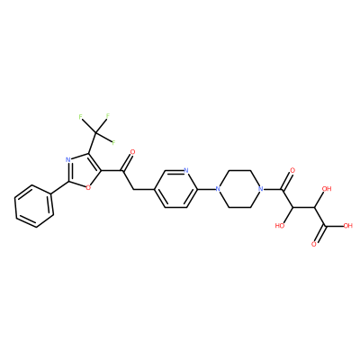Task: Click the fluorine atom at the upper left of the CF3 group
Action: pyautogui.click(x=81, y=117)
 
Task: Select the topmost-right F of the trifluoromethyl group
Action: pyautogui.click(x=108, y=115)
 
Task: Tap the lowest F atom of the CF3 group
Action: pyautogui.click(x=113, y=142)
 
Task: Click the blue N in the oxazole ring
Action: pyautogui.click(x=68, y=159)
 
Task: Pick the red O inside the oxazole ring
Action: pyautogui.click(x=88, y=188)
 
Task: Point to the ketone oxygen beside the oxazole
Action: pyautogui.click(x=131, y=151)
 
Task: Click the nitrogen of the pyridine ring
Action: pyautogui.click(x=186, y=171)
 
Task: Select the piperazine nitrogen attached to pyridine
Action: pyautogui.click(x=218, y=189)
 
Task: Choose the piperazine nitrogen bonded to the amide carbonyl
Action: pyautogui.click(x=261, y=189)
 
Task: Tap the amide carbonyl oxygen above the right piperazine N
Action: pyautogui.click(x=292, y=171)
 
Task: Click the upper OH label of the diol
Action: pyautogui.click(x=327, y=189)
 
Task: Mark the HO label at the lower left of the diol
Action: pyautogui.click(x=280, y=226)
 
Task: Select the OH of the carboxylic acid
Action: pyautogui.click(x=347, y=226)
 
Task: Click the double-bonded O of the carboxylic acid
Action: pyautogui.click(x=314, y=244)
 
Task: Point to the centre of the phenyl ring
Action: pyautogui.click(x=34, y=206)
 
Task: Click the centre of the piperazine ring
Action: pyautogui.click(x=239, y=189)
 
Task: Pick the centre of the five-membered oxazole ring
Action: pyautogui.click(x=83, y=171)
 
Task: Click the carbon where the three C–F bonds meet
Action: pyautogui.click(x=96, y=133)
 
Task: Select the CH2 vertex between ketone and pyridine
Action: pyautogui.click(x=132, y=189)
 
